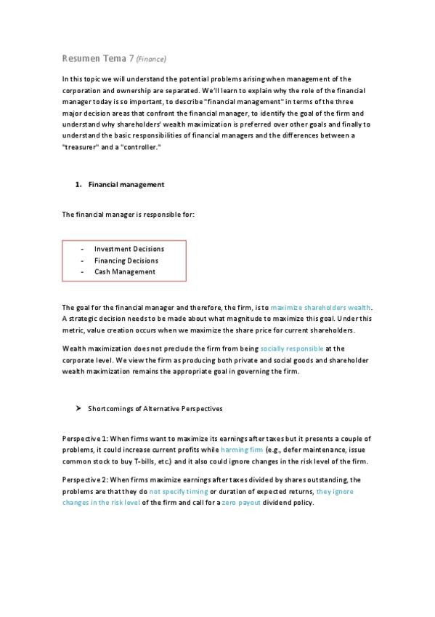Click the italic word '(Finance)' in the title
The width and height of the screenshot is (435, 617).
(152, 59)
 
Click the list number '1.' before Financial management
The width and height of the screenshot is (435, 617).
(78, 185)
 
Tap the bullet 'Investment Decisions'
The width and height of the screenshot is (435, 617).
(129, 249)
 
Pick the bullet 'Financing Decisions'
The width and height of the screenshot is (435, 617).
(126, 260)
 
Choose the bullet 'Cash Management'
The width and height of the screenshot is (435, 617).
(124, 272)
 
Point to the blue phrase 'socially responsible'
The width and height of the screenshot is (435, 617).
(292, 349)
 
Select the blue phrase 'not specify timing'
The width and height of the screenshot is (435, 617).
(174, 492)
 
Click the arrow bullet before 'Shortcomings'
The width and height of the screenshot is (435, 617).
(78, 408)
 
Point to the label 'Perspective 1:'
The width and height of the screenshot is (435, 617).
(85, 439)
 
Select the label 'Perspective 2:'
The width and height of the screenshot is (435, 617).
(85, 480)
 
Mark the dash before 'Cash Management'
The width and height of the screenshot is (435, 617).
(83, 272)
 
